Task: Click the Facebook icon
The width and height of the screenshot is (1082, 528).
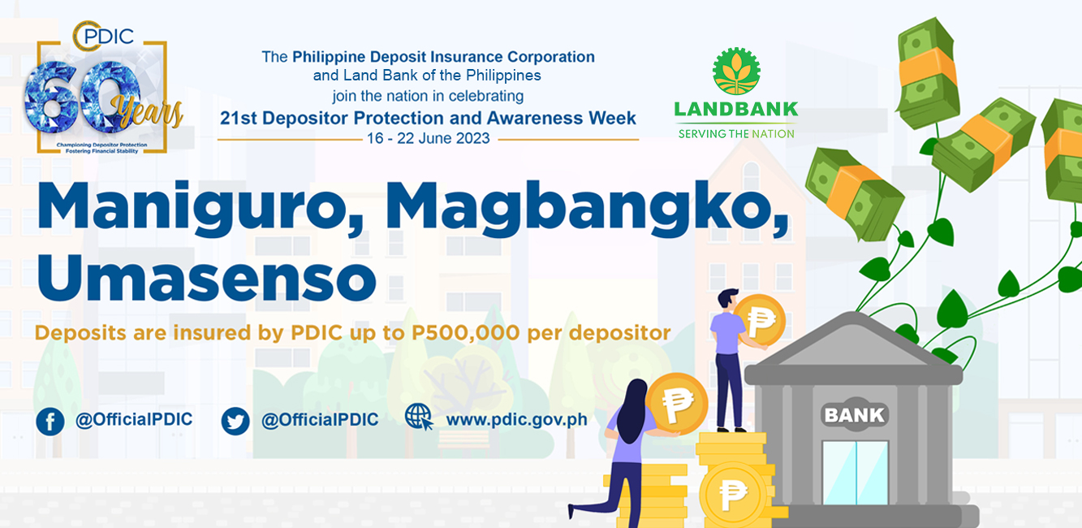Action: pos(50,421)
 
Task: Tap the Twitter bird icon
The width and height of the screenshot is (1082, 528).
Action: pos(235,421)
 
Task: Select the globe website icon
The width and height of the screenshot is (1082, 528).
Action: pos(419,417)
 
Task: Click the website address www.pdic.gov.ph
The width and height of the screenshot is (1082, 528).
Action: pos(516,419)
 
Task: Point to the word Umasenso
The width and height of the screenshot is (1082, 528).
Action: pos(206,277)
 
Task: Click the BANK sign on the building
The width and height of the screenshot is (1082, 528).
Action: pos(855,414)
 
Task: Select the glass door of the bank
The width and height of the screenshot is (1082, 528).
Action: pos(856,473)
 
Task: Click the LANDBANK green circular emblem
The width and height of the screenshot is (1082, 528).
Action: pos(736,71)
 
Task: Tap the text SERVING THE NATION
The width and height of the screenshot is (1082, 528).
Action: pos(736,134)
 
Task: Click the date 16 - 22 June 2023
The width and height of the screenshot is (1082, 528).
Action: pos(428,139)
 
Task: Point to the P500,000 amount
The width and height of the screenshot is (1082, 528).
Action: pos(465,333)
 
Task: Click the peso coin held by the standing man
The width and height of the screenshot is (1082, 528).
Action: pos(760,319)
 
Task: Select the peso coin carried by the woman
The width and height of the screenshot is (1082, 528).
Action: pos(677,404)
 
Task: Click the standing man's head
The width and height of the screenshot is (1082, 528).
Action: pos(727,299)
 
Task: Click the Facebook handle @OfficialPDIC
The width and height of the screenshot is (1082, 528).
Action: pos(134,419)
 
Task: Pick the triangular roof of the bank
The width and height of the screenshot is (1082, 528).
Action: pos(852,341)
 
